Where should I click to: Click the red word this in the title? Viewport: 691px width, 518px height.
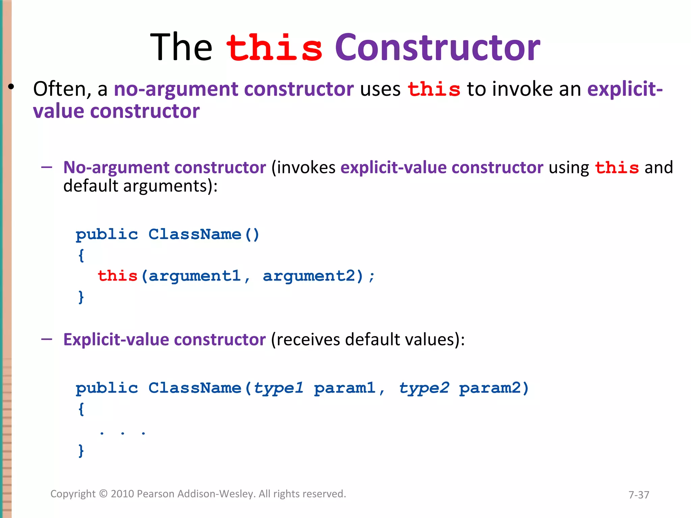coord(274,48)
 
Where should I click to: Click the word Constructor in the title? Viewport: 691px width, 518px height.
coord(437,48)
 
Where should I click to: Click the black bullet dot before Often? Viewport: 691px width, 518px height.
coord(11,87)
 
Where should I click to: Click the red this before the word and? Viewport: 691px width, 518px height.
coord(617,168)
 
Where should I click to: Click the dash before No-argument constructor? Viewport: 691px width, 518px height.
coord(47,167)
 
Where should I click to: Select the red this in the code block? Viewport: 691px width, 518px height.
coord(117,276)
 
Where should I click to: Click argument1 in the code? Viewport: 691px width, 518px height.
coord(195,276)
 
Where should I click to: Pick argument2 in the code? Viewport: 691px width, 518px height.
coord(309,276)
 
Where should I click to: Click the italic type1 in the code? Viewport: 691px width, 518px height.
coord(278,388)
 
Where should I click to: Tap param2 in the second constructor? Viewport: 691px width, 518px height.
coord(490,388)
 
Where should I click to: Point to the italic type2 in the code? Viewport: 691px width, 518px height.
coord(424,388)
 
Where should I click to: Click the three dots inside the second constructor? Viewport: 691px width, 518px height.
coord(122,433)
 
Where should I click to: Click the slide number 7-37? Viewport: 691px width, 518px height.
coord(638,495)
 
